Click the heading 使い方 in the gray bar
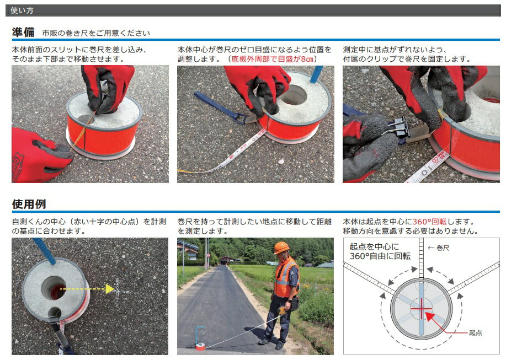click(22, 10)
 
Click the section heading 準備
click(23, 32)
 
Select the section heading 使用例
click(29, 204)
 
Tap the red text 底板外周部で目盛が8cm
click(273, 59)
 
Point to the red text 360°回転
click(429, 222)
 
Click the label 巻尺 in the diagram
click(443, 248)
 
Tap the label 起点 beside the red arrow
click(475, 332)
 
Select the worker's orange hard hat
click(281, 248)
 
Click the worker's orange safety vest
click(286, 277)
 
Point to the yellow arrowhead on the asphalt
click(110, 289)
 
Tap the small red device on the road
click(199, 346)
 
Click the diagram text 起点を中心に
click(374, 246)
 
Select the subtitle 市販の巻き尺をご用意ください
click(96, 33)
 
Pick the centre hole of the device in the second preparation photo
click(293, 95)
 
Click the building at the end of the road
click(227, 260)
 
